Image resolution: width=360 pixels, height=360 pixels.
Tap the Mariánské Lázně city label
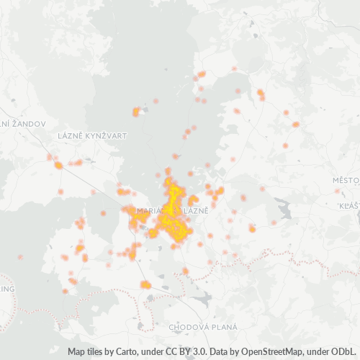tap(171, 210)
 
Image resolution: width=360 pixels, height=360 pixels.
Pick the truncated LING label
tap(7, 289)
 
